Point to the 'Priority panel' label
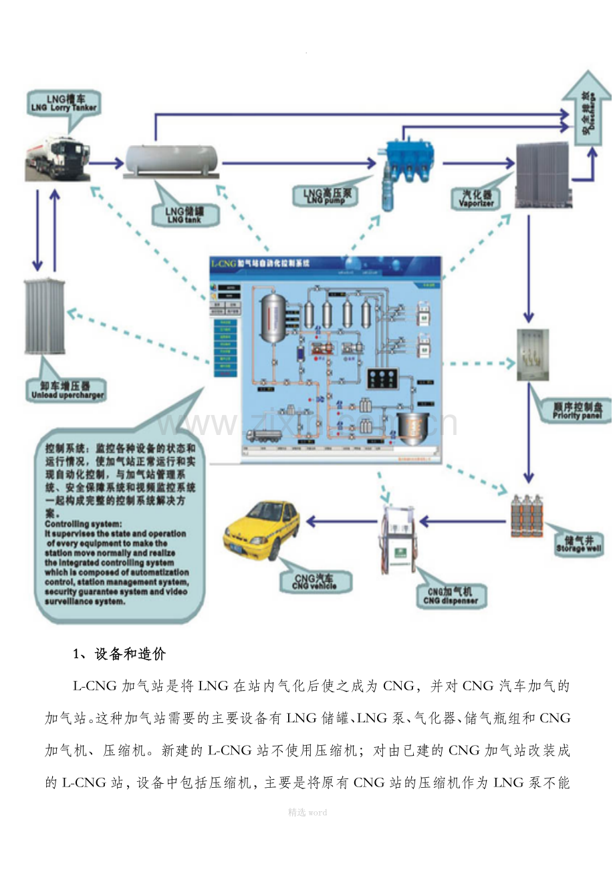576,410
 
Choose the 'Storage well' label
579,544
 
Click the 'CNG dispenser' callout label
450,595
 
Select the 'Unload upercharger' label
68,390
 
